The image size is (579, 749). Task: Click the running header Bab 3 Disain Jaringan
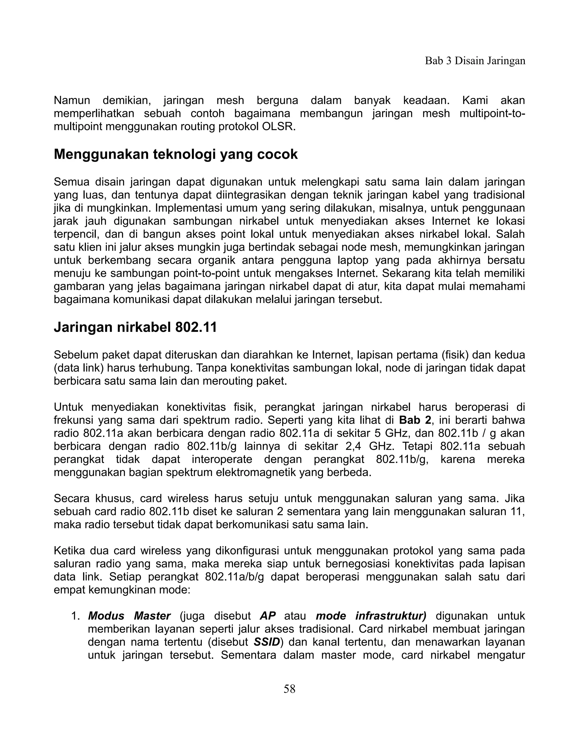point(475,61)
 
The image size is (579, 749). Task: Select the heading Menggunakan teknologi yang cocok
point(176,154)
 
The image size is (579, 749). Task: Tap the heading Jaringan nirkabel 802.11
point(135,327)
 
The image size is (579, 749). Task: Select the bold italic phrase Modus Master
point(129,616)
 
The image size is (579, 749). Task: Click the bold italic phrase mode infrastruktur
point(371,616)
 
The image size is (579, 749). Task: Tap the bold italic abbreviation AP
point(267,616)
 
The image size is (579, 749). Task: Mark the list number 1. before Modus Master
point(75,616)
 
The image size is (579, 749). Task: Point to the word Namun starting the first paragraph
point(72,101)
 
